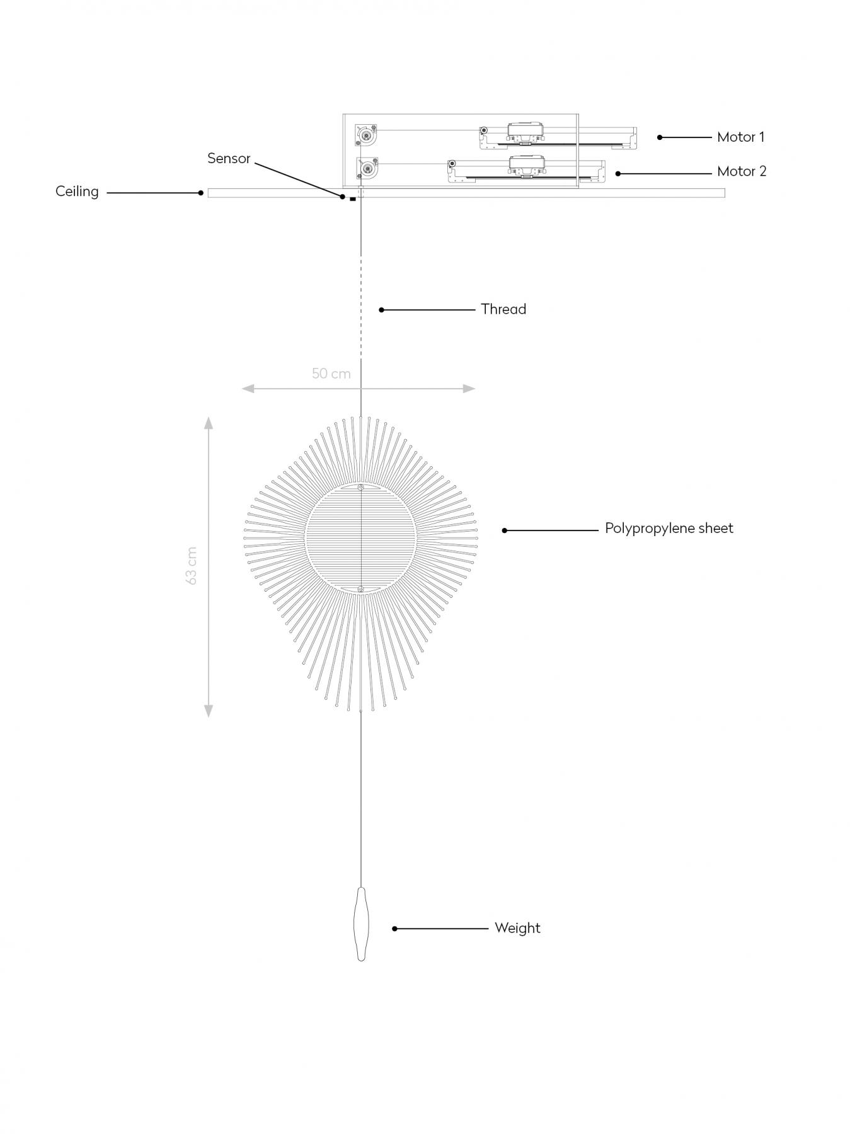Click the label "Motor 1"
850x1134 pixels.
click(740, 137)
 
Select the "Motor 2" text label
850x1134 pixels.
click(742, 171)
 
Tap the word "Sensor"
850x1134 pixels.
click(229, 158)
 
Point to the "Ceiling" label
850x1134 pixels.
click(77, 192)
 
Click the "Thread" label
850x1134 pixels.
click(503, 309)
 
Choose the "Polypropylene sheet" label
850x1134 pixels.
click(669, 529)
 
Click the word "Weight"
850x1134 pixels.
click(517, 928)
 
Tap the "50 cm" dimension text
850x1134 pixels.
click(331, 374)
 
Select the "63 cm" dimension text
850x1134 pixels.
click(192, 566)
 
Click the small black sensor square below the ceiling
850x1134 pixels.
click(353, 199)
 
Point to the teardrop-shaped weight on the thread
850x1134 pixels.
click(361, 924)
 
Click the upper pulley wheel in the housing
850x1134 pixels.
click(366, 135)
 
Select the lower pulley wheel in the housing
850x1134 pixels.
click(366, 168)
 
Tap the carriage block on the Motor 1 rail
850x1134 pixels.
click(525, 132)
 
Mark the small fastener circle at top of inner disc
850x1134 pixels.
click(360, 488)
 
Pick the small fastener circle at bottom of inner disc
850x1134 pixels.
click(360, 590)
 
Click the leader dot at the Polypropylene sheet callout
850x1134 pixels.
click(505, 530)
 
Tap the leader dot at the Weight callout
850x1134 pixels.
click(394, 929)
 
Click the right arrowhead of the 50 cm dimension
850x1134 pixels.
click(469, 389)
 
